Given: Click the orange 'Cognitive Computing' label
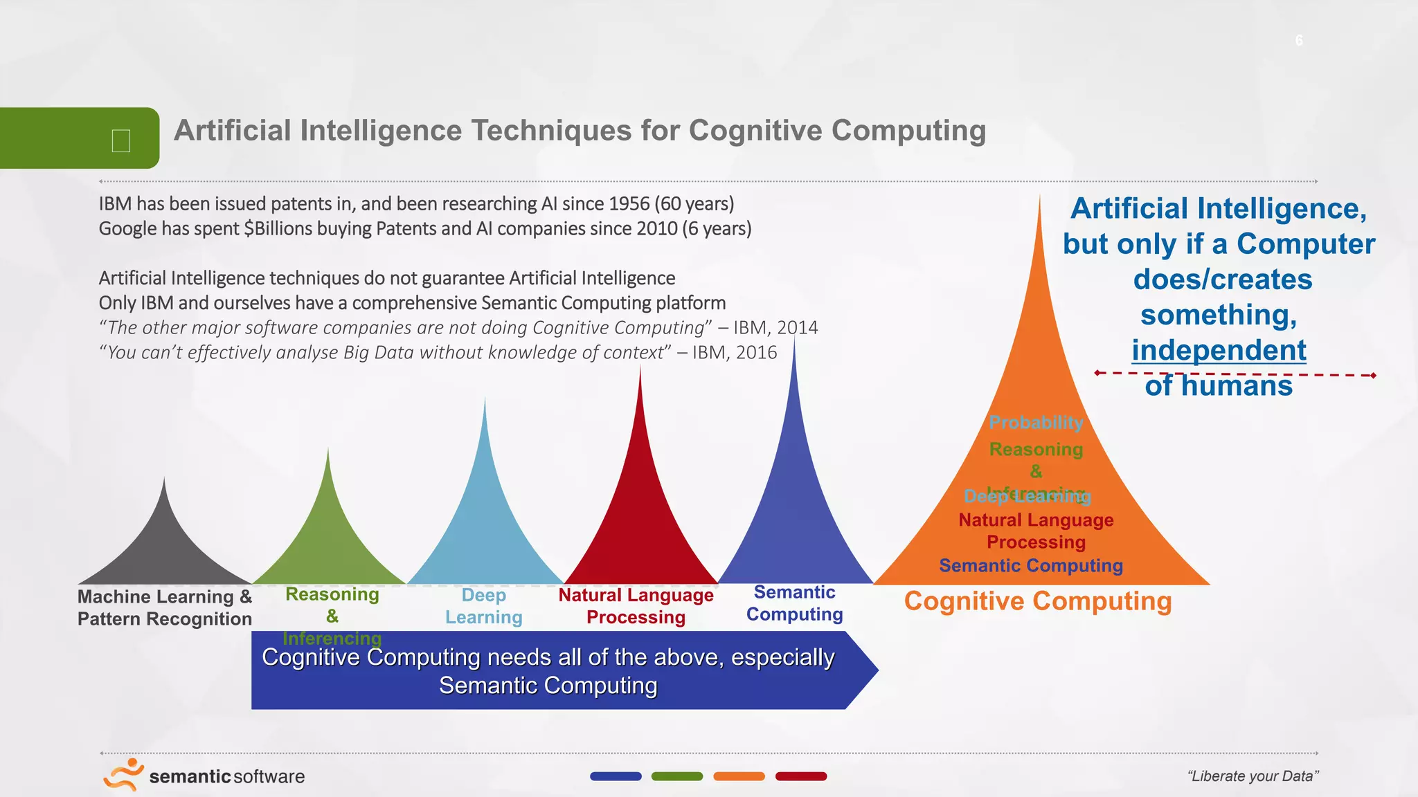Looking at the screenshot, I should (1038, 601).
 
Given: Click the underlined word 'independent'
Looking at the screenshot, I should (1219, 350).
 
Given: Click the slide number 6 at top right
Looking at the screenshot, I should (1299, 41).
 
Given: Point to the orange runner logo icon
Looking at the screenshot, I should (124, 774).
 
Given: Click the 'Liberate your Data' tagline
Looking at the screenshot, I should (1253, 776).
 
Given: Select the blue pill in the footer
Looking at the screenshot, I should (616, 776).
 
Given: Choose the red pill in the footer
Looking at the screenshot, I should (801, 776).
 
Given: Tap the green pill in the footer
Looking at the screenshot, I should (677, 776).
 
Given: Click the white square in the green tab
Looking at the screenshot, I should (121, 140).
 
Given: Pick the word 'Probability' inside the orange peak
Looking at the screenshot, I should (1036, 423).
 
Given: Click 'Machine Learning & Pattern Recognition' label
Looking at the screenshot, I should (164, 607).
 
